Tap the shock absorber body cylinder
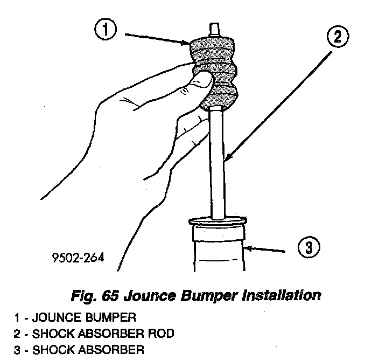point(218,253)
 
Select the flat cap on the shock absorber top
point(217,220)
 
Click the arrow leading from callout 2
point(280,102)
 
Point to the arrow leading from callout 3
point(266,249)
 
